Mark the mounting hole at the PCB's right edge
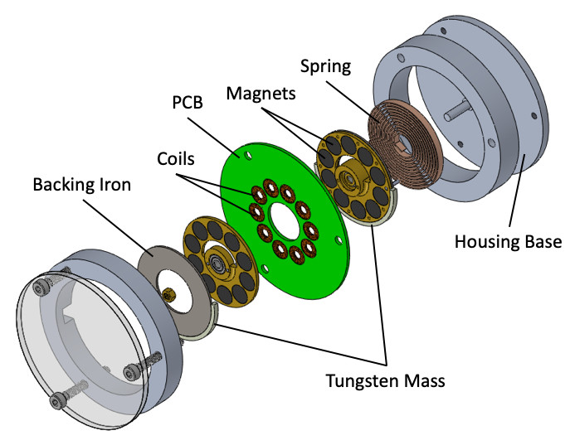[x=336, y=240]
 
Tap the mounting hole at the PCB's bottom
[x=263, y=268]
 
